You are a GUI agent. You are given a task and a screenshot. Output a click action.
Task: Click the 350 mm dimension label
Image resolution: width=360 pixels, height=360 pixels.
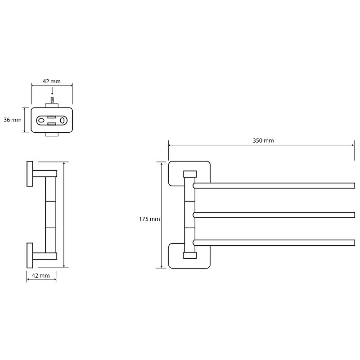pos(263,140)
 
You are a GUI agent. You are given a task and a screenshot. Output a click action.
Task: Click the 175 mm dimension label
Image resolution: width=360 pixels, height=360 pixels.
pos(149,219)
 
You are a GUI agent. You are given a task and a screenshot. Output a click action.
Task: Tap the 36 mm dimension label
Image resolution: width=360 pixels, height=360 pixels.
pos(13,120)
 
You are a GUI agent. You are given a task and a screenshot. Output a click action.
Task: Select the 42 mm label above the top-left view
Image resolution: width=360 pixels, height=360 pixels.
pos(52,81)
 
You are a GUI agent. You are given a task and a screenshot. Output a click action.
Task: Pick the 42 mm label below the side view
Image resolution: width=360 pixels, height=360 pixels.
pos(40,275)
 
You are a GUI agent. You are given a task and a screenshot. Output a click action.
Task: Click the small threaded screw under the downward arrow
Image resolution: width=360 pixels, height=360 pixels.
pos(52,100)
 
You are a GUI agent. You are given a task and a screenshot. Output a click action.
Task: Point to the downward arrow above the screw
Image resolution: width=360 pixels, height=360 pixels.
pos(52,91)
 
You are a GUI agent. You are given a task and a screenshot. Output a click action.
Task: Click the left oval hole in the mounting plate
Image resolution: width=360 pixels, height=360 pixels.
pos(41,120)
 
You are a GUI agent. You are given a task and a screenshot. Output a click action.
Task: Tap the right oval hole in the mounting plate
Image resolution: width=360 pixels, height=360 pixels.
pos(62,120)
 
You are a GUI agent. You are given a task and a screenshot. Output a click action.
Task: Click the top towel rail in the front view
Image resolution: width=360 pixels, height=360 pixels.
pos(274,185)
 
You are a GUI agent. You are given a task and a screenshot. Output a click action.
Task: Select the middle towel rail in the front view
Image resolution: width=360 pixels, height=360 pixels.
pos(274,215)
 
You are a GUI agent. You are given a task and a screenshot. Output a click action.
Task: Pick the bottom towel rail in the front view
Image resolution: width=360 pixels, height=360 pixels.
pos(274,243)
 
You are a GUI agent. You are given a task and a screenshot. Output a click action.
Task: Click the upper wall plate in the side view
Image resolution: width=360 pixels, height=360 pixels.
pos(30,174)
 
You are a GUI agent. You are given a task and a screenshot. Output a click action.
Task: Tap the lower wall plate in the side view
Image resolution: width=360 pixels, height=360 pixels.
pos(30,255)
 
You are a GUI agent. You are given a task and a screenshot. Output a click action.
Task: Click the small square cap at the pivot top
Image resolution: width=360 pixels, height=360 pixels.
pos(190,174)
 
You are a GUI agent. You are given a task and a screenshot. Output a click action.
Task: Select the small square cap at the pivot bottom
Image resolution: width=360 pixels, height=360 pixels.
pos(190,256)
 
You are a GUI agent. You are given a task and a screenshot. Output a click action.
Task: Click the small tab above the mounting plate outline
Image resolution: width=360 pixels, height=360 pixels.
pos(52,106)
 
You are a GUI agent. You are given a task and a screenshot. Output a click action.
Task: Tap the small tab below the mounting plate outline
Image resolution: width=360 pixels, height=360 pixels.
pos(52,134)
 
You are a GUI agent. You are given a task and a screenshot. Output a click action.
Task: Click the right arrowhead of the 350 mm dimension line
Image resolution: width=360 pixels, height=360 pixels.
pos(353,145)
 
